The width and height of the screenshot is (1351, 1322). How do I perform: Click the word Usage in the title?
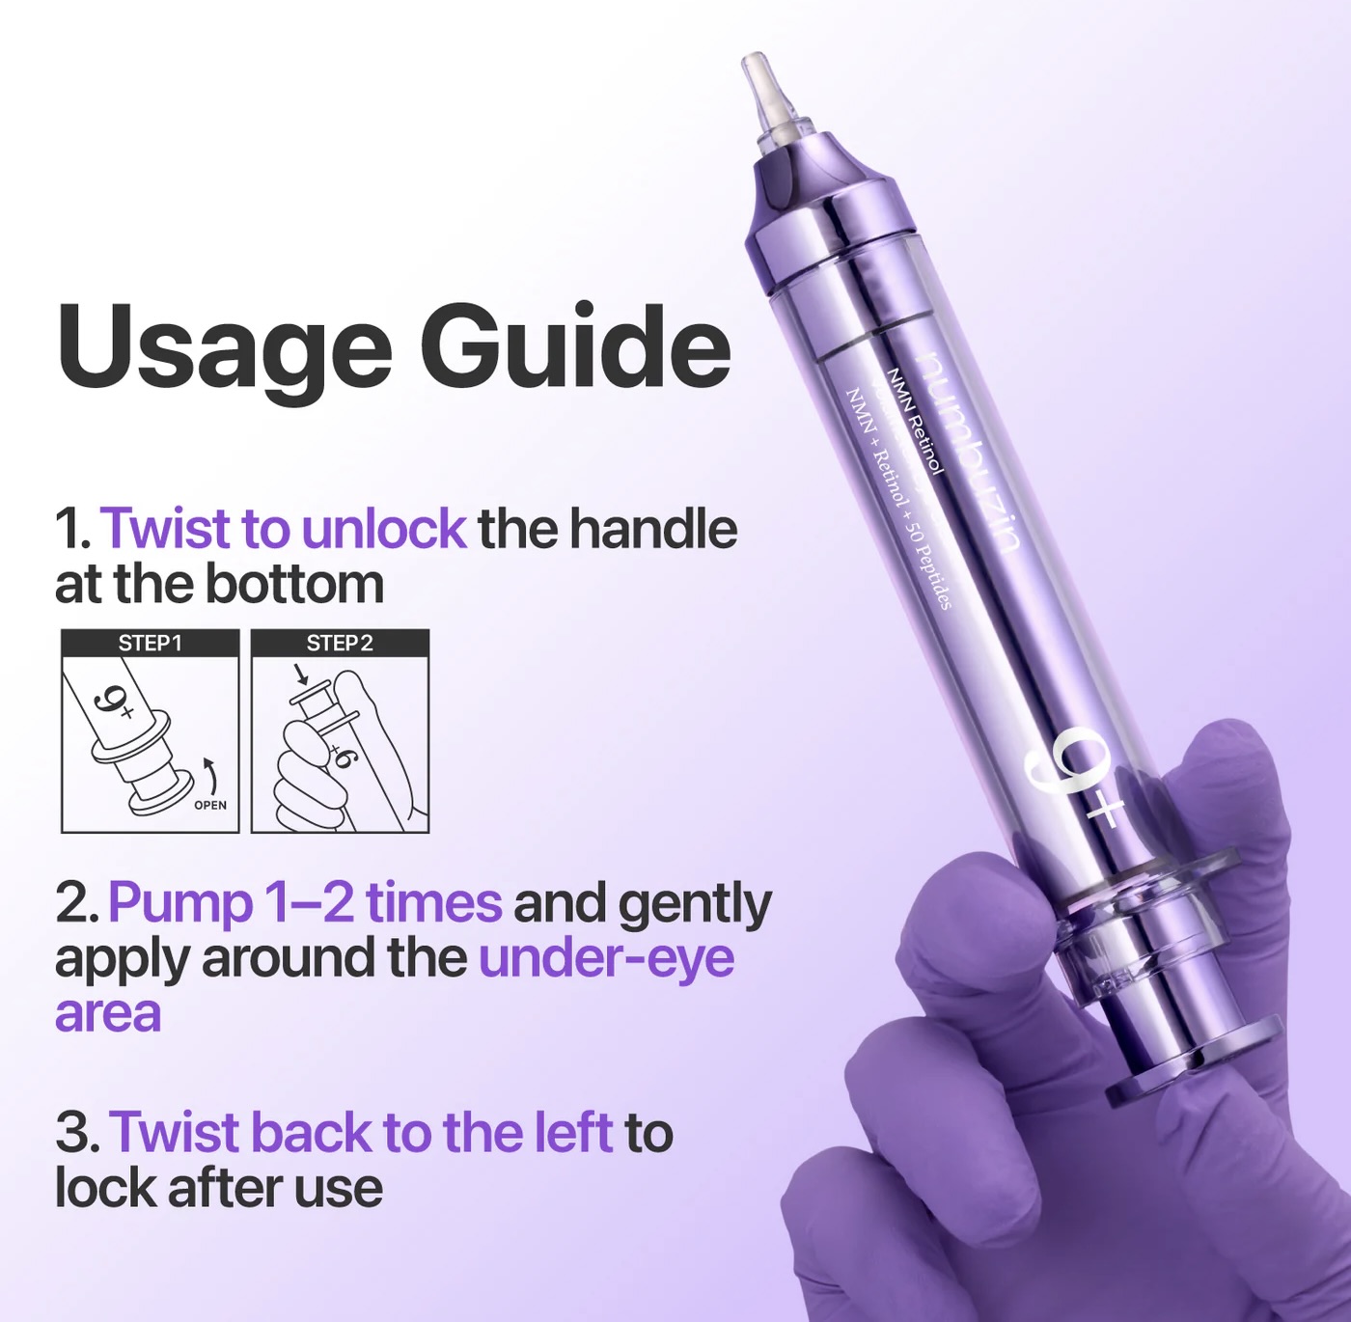click(x=224, y=350)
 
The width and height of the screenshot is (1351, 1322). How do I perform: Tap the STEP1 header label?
click(x=150, y=644)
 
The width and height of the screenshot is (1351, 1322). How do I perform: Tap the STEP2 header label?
click(x=340, y=644)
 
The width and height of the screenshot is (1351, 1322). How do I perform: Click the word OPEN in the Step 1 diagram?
click(x=210, y=806)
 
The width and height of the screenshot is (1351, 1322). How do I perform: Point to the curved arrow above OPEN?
click(x=211, y=775)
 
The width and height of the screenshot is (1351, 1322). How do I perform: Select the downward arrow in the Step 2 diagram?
click(x=301, y=673)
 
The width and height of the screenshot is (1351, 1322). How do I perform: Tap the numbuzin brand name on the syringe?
click(x=969, y=454)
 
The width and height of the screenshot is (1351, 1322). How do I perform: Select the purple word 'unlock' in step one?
click(x=383, y=529)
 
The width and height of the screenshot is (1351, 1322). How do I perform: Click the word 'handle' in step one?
click(x=653, y=529)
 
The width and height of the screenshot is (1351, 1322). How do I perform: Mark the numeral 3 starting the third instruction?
click(x=71, y=1134)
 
